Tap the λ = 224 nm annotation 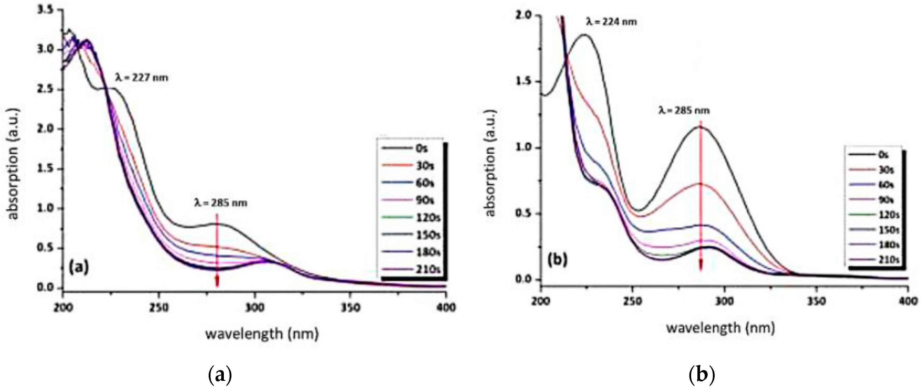[x=611, y=22]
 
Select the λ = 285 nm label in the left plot [x=221, y=203]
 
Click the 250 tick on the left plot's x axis [x=159, y=308]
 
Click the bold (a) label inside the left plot [x=78, y=267]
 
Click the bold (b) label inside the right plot [x=557, y=260]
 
